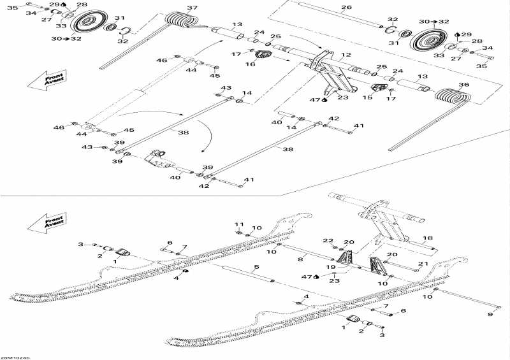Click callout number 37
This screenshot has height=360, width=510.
click(x=192, y=8)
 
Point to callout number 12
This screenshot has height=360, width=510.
click(x=346, y=55)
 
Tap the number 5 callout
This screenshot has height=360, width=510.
click(x=256, y=267)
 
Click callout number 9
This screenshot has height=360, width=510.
click(x=490, y=314)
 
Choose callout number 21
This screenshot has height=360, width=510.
click(x=423, y=263)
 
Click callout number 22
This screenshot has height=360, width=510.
click(x=328, y=240)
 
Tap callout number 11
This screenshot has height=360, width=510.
click(x=239, y=224)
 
